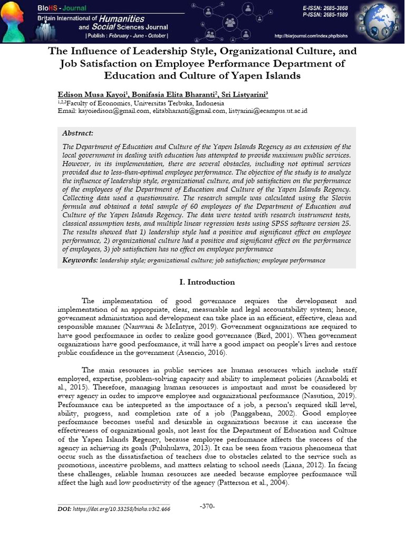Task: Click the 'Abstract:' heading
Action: pyautogui.click(x=78, y=133)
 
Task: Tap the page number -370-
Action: pyautogui.click(x=207, y=506)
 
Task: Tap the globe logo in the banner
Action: pyautogui.click(x=381, y=21)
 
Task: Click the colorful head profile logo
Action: pyautogui.click(x=16, y=21)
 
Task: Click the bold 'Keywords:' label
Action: pyautogui.click(x=80, y=261)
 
